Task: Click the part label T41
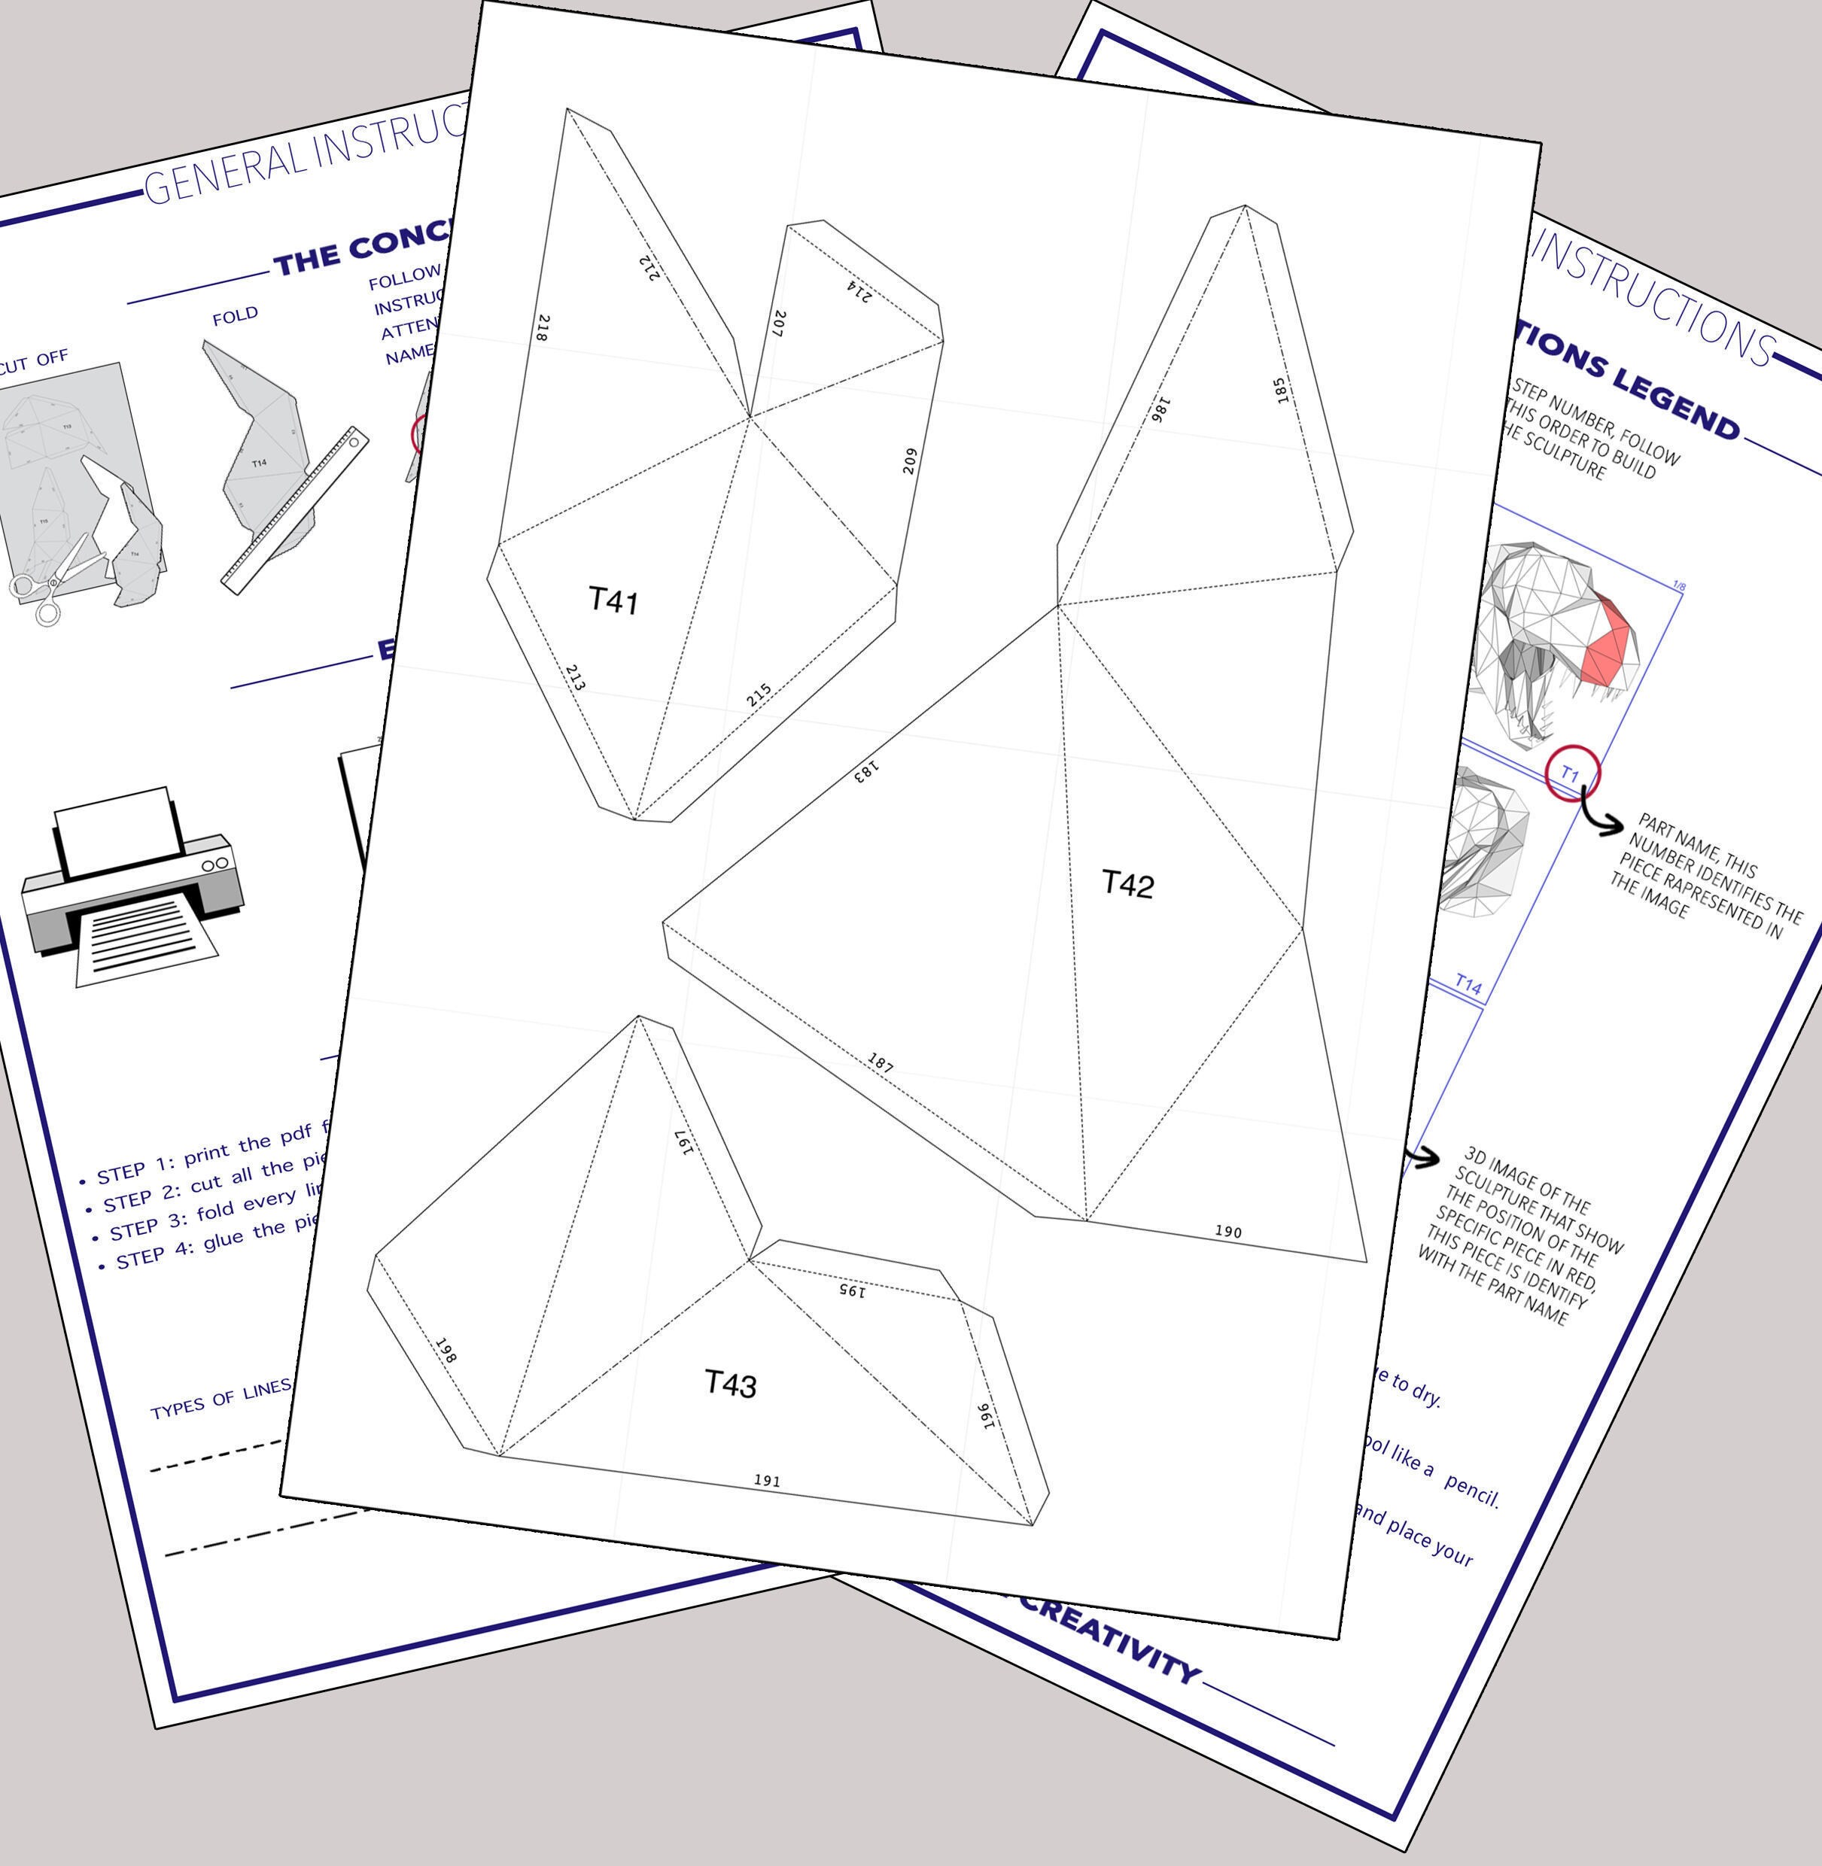click(x=613, y=601)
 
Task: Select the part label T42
click(x=1127, y=883)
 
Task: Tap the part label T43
click(x=730, y=1384)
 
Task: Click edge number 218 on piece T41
click(x=543, y=328)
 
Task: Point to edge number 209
click(x=910, y=460)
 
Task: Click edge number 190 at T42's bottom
click(x=1227, y=1232)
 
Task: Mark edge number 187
click(x=881, y=1062)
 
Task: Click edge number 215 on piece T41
click(x=759, y=694)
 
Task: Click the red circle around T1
click(x=1572, y=773)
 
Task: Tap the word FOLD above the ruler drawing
click(x=236, y=316)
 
